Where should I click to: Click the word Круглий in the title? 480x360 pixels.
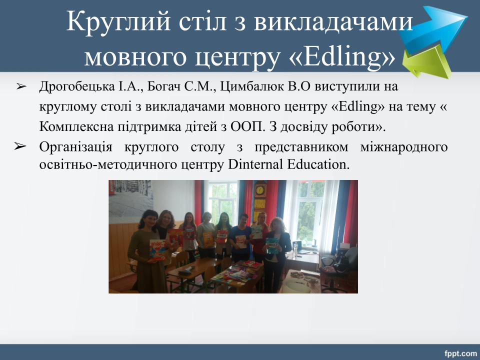point(118,21)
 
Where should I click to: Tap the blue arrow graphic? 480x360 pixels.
point(433,27)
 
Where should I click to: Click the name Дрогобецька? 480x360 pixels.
point(77,86)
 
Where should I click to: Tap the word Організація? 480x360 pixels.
point(75,147)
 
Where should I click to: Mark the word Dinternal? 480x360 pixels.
point(255,164)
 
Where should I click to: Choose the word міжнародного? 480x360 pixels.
point(404,147)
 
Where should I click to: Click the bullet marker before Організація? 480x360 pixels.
point(20,146)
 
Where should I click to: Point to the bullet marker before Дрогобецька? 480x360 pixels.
point(21,87)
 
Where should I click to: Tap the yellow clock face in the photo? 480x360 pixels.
point(259,190)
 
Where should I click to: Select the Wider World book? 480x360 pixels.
point(157,250)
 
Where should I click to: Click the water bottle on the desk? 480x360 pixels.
point(295,249)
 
